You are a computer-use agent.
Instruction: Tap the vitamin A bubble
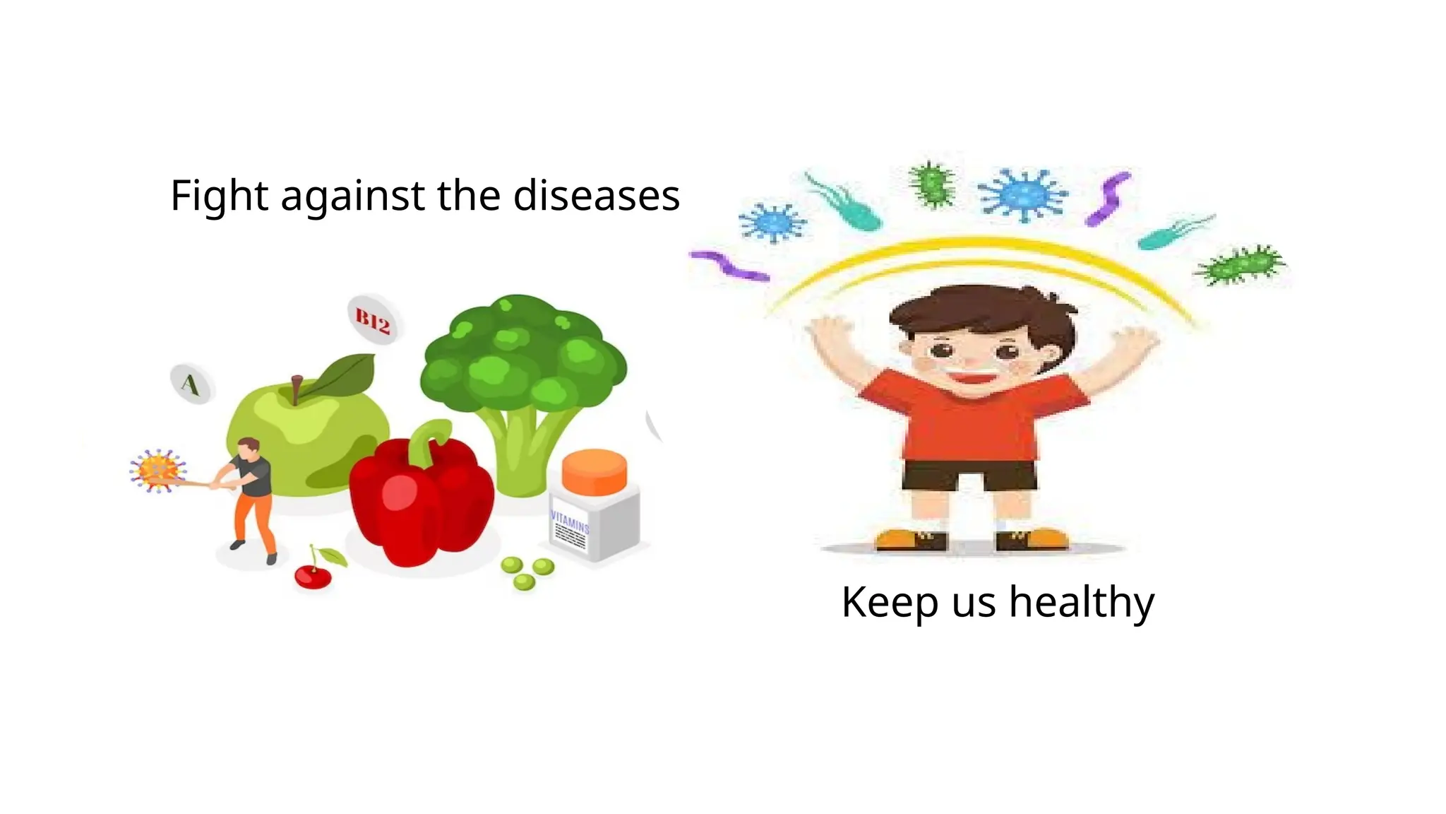tap(191, 384)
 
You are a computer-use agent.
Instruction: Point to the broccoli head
tap(522, 353)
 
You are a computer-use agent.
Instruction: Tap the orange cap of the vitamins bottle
tap(594, 471)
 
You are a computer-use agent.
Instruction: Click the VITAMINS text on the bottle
tap(569, 523)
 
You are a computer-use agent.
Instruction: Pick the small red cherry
tap(313, 577)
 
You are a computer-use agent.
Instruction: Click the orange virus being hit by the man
tap(157, 470)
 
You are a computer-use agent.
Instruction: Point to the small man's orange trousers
tap(254, 519)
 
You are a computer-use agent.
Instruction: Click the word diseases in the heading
tap(596, 196)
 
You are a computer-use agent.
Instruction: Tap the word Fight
tap(220, 196)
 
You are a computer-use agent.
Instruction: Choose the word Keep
tap(889, 603)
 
